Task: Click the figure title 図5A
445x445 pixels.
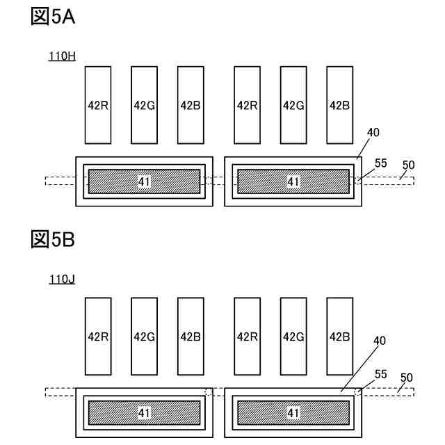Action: pos(53,17)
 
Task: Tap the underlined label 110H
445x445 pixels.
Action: pos(61,56)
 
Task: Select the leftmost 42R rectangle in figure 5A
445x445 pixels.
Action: pos(98,104)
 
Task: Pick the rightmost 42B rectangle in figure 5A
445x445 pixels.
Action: pos(339,104)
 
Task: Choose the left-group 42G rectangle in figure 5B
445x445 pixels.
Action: pos(144,336)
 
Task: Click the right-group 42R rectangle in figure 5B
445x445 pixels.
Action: pos(248,336)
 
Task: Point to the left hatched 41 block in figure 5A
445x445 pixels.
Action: pos(145,181)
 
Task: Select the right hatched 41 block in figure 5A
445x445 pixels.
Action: pos(293,181)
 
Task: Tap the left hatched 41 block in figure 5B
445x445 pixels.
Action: pos(145,412)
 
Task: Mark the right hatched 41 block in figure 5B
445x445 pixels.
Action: pos(293,412)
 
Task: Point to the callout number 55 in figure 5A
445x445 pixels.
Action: pos(381,163)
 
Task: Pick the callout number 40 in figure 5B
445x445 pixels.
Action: pos(380,341)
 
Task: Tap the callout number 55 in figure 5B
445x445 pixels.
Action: pos(381,373)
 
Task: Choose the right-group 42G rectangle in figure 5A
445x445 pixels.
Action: pos(293,104)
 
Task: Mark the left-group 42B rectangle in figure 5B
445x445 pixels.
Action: pos(191,336)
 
